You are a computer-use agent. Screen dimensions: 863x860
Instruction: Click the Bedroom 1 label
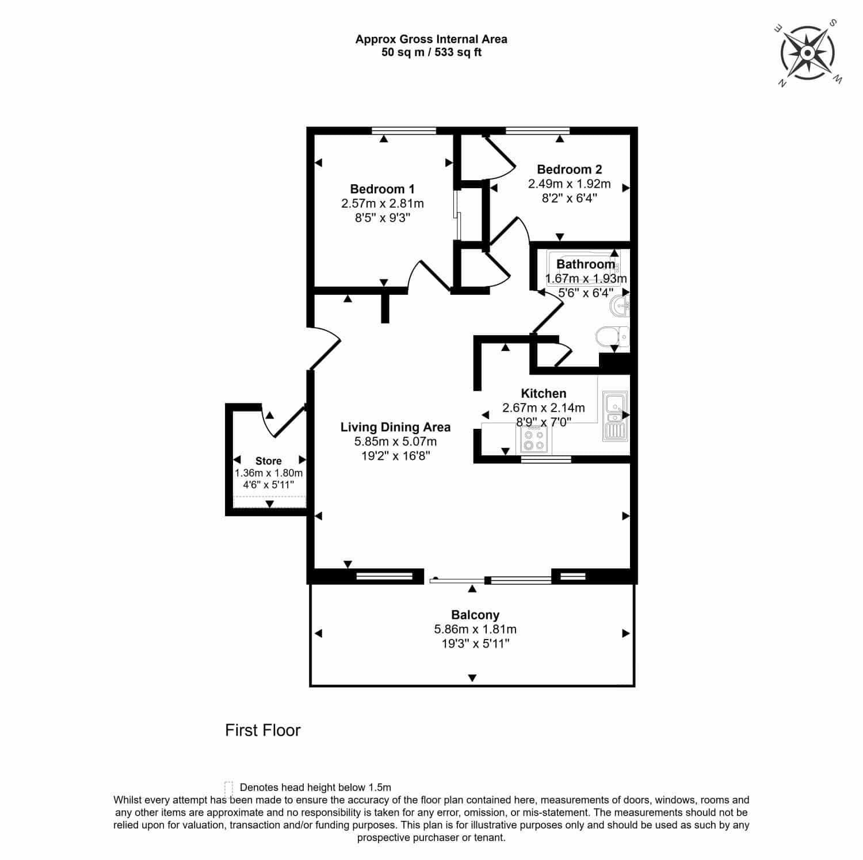pyautogui.click(x=382, y=189)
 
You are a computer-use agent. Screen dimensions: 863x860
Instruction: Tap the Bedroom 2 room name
pyautogui.click(x=569, y=169)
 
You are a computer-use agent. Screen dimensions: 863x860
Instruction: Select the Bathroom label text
pyautogui.click(x=586, y=264)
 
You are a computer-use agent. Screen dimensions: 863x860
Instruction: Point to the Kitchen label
pyautogui.click(x=544, y=394)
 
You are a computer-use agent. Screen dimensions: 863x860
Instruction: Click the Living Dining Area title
pyautogui.click(x=395, y=427)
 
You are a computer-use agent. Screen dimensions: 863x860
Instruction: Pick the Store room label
pyautogui.click(x=269, y=461)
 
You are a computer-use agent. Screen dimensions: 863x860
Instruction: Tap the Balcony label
pyautogui.click(x=475, y=615)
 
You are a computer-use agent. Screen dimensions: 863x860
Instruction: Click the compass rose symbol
pyautogui.click(x=807, y=54)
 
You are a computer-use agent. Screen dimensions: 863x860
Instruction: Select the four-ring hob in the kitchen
pyautogui.click(x=533, y=439)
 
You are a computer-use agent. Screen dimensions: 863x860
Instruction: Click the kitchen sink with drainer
pyautogui.click(x=614, y=416)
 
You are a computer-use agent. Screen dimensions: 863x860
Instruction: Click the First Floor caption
pyautogui.click(x=263, y=730)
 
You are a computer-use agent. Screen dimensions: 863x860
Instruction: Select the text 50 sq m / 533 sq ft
pyautogui.click(x=431, y=52)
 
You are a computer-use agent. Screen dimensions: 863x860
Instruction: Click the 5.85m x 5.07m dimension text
pyautogui.click(x=395, y=442)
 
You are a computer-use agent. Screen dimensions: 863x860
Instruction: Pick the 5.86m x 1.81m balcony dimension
pyautogui.click(x=475, y=629)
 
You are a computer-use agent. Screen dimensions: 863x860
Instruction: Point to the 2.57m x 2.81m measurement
pyautogui.click(x=383, y=203)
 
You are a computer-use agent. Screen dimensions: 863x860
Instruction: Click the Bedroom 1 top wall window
pyautogui.click(x=404, y=131)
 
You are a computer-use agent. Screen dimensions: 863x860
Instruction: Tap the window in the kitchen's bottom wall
pyautogui.click(x=546, y=459)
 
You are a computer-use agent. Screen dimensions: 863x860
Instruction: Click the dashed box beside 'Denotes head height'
pyautogui.click(x=228, y=787)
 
